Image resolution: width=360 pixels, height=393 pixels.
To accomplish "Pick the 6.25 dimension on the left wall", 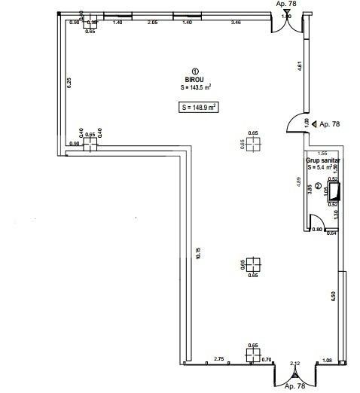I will (x=69, y=83).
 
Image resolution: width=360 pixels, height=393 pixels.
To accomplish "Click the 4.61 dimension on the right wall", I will (x=301, y=66).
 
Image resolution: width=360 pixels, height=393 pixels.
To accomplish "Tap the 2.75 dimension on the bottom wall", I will (x=219, y=358).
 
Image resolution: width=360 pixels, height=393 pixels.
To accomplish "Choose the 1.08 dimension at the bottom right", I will (x=327, y=362).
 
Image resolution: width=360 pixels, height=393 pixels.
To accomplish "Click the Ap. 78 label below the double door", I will (x=295, y=387).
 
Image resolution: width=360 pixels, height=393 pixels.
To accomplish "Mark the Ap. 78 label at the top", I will (x=286, y=4).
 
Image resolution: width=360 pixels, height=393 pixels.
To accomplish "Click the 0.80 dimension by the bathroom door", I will (x=317, y=230).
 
